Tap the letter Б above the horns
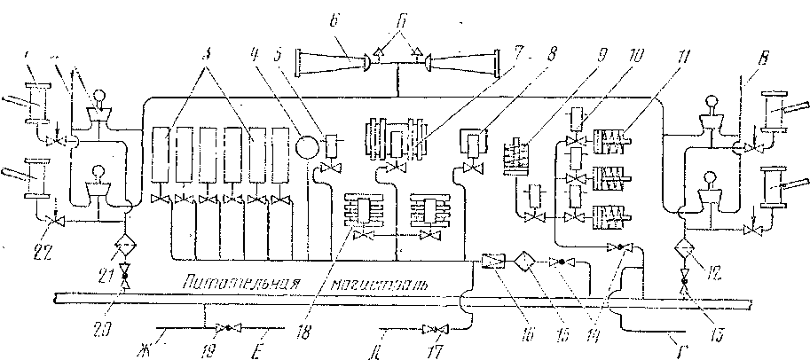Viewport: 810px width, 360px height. pos(404,18)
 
